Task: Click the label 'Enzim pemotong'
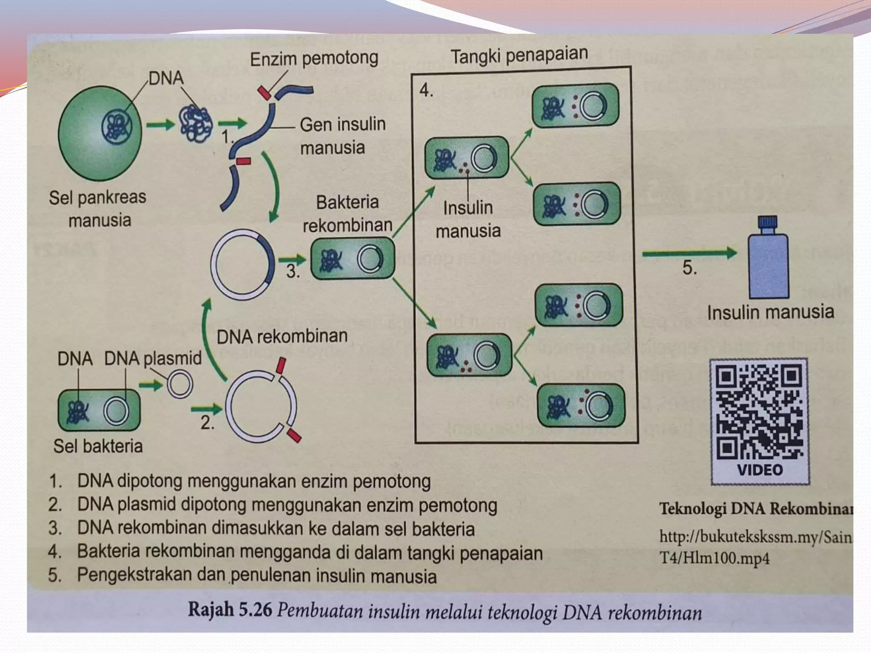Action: [314, 59]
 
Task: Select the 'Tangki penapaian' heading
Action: [519, 55]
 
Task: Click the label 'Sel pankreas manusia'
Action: [98, 209]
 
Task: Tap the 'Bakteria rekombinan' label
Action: [347, 213]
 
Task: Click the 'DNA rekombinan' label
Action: [282, 336]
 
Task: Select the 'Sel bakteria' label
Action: [98, 446]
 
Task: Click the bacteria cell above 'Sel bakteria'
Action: [99, 410]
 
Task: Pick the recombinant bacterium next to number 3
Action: [353, 258]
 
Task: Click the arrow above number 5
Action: [689, 254]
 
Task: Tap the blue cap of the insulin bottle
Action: [768, 222]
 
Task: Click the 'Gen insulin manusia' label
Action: [342, 136]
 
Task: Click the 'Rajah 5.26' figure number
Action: [230, 610]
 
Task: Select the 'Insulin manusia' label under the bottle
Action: [770, 312]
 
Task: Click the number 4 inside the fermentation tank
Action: [426, 90]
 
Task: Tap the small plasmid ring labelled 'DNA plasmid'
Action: [180, 384]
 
